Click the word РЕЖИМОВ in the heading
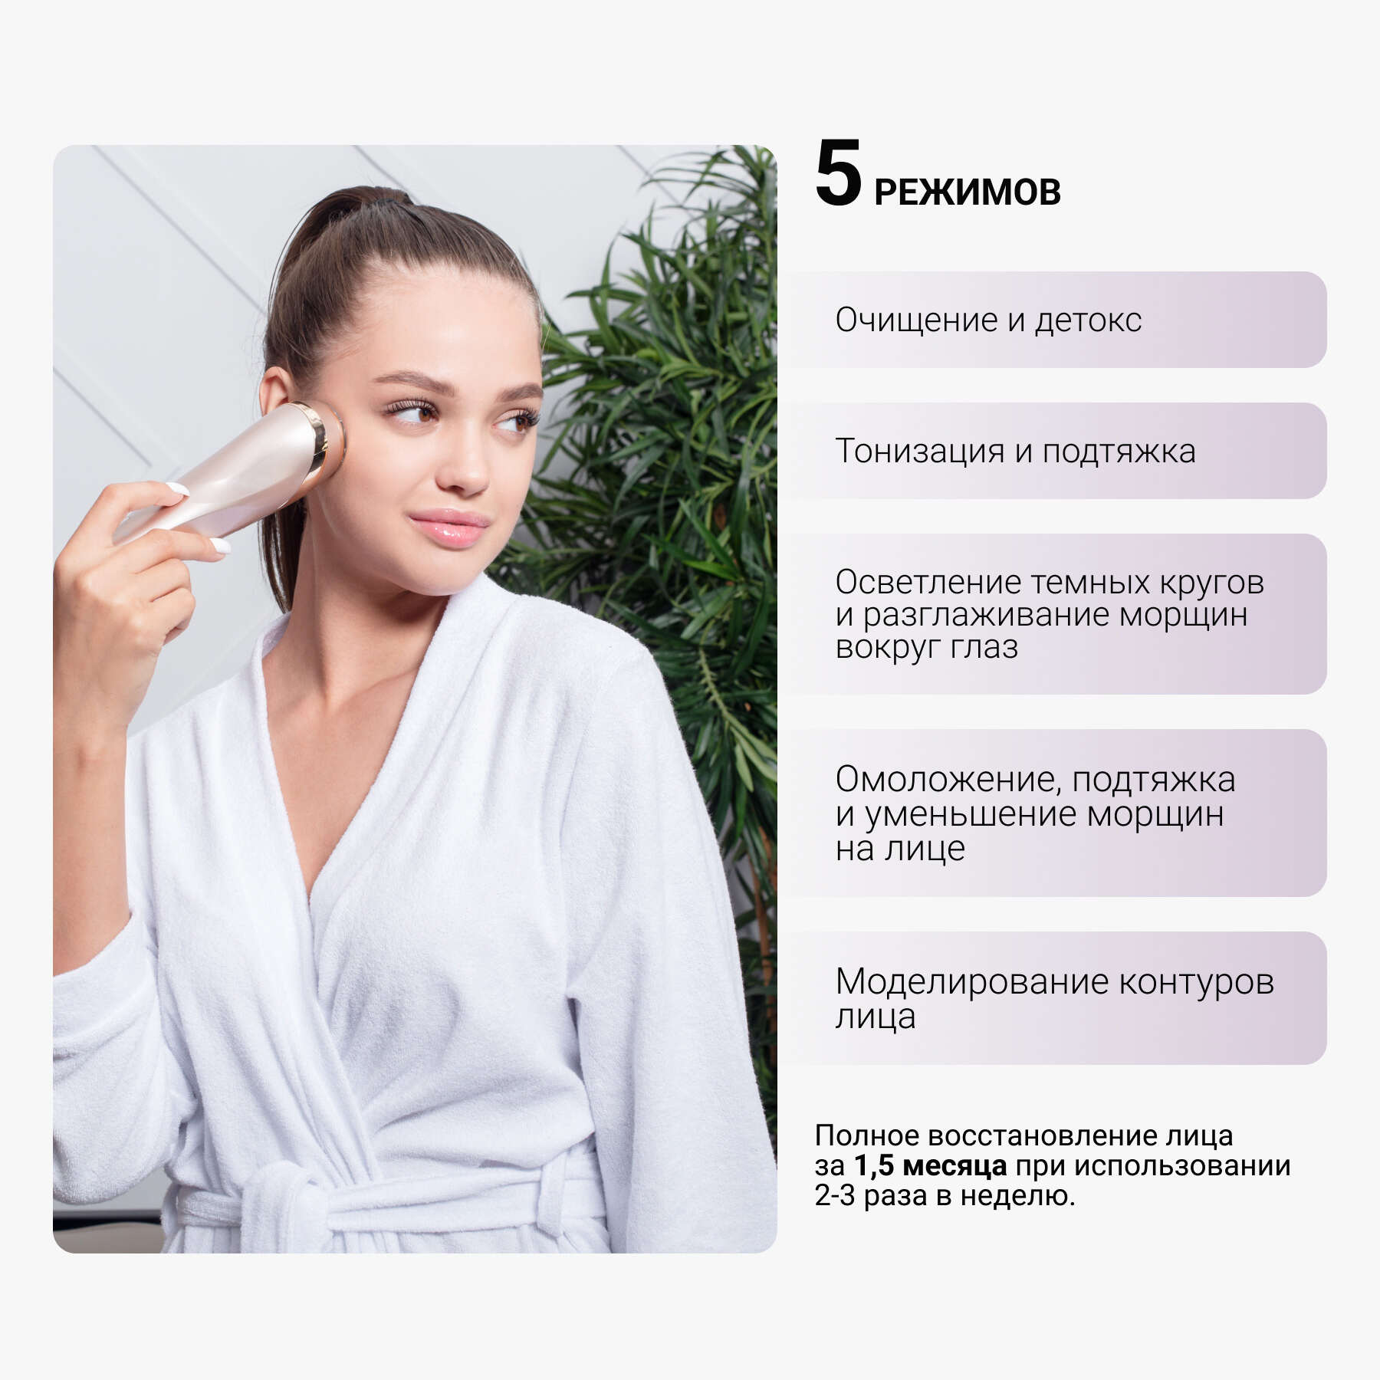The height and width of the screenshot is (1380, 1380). coord(968,192)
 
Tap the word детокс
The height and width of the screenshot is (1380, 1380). coord(1089,320)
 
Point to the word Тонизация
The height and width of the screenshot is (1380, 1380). coord(919,451)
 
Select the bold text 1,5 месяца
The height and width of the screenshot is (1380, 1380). coord(930,1165)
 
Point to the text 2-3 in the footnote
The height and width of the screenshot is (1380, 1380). coord(834,1195)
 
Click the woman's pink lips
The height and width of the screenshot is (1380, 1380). coord(449,527)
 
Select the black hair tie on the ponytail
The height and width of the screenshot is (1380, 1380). coord(387,201)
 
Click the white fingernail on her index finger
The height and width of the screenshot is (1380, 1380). coord(177,488)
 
